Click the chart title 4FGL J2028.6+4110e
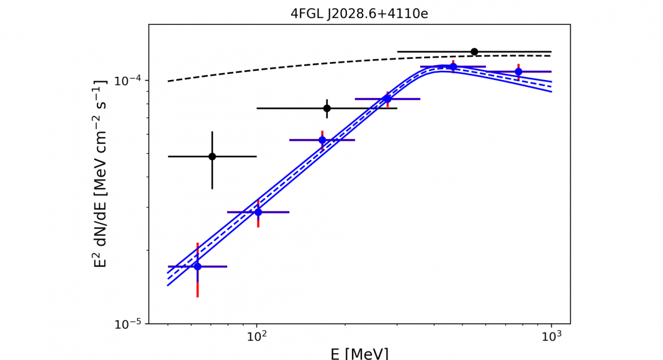click(359, 13)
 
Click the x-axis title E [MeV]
click(359, 353)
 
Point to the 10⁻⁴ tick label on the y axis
click(128, 81)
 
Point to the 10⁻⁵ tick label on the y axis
click(128, 324)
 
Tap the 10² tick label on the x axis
click(256, 336)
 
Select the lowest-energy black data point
click(212, 156)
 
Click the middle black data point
click(327, 108)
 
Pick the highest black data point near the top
click(474, 52)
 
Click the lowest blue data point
click(197, 266)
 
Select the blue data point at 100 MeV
click(258, 212)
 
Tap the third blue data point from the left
click(322, 140)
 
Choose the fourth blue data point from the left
click(387, 99)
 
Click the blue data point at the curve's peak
click(453, 66)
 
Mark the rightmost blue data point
click(518, 72)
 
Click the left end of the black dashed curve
click(169, 81)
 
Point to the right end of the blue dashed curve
click(551, 86)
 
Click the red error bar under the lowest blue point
click(197, 287)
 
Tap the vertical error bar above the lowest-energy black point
click(212, 142)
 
